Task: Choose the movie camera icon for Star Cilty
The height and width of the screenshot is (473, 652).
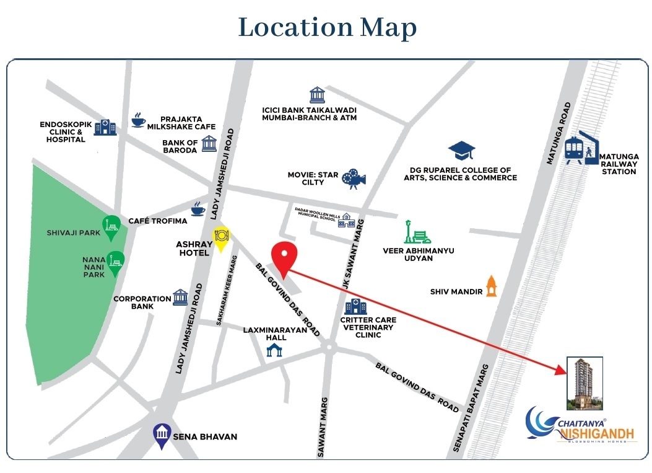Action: pyautogui.click(x=354, y=178)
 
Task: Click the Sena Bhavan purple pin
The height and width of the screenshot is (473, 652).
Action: pyautogui.click(x=162, y=436)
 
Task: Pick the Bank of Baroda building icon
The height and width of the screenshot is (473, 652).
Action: pyautogui.click(x=209, y=143)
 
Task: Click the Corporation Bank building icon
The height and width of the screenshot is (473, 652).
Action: pyautogui.click(x=180, y=297)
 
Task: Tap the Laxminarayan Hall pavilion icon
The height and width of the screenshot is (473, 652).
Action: pyautogui.click(x=274, y=350)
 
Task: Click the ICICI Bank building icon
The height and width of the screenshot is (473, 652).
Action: pyautogui.click(x=317, y=95)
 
